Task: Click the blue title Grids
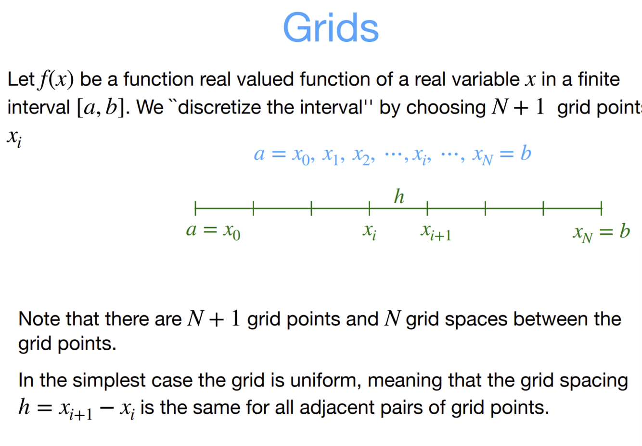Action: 331,27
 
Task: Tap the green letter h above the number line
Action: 399,196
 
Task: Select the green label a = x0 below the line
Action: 213,231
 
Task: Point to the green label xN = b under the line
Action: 601,232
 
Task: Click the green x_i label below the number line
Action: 370,231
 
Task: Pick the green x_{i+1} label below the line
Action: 436,232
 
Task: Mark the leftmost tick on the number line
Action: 195,208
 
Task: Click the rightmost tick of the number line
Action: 601,208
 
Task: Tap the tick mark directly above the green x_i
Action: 370,208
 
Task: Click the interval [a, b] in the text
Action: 103,107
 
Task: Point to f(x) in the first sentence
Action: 57,79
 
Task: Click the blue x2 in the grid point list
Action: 363,155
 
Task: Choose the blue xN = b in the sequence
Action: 501,154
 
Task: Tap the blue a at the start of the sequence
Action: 259,154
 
